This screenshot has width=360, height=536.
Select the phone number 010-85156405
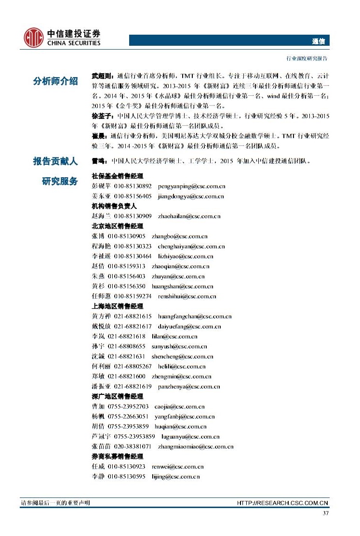(133, 196)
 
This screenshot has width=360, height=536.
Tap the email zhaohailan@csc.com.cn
(186, 216)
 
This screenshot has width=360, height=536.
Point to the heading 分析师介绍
(55, 81)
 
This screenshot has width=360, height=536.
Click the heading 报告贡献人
(55, 161)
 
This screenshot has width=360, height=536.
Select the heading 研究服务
(60, 181)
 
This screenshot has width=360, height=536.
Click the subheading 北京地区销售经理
(117, 226)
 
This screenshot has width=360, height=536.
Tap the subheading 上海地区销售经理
(117, 306)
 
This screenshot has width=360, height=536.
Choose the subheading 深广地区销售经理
(117, 396)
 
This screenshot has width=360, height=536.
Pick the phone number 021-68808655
(126, 346)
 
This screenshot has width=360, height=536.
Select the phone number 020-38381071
(133, 446)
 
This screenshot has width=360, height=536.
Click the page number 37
(325, 513)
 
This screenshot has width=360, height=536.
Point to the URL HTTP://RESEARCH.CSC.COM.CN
(283, 503)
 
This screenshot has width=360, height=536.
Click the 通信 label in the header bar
(319, 41)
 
